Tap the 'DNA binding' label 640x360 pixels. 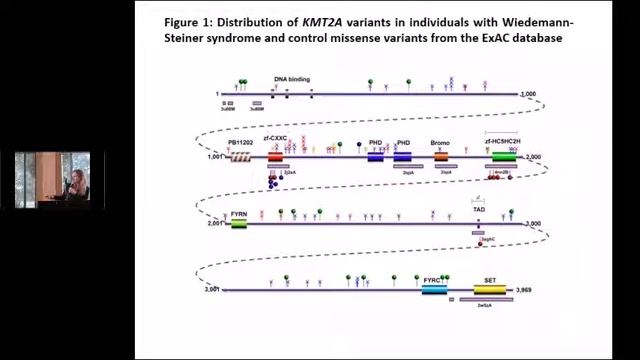point(292,78)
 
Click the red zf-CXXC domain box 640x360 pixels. point(275,157)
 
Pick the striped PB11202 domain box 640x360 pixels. point(239,157)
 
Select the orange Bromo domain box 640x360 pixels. point(441,157)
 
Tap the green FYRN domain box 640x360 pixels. point(239,224)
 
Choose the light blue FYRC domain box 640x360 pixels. point(433,290)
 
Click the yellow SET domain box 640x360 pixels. point(491,290)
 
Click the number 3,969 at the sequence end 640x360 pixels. point(527,290)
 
